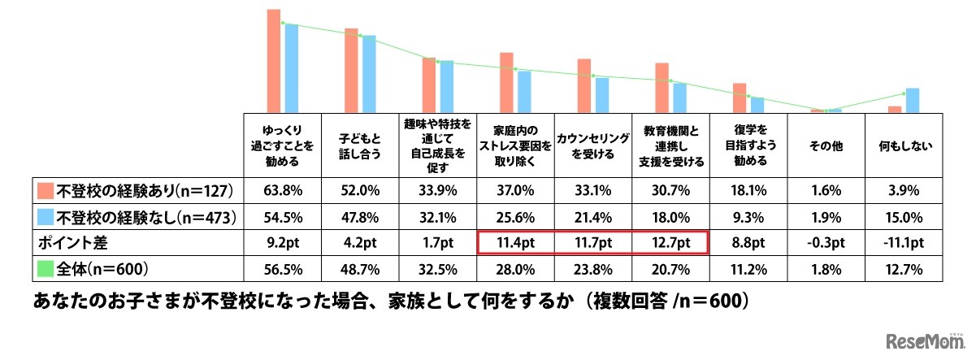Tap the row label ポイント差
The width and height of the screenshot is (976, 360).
(69, 242)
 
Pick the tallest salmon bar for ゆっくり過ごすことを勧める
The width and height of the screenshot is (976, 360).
(274, 60)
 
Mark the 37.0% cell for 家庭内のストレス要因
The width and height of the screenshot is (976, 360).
(514, 191)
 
